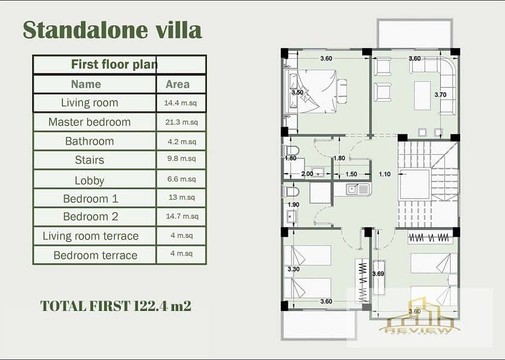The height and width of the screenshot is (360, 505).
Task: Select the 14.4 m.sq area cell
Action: tap(180, 103)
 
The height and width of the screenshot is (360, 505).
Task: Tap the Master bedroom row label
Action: tap(90, 122)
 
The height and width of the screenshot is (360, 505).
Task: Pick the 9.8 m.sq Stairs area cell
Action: tap(181, 159)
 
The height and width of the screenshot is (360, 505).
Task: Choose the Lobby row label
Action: tap(90, 180)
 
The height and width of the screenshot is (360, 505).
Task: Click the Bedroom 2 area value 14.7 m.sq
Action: tap(182, 216)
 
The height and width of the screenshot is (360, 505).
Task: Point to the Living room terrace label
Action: tap(91, 236)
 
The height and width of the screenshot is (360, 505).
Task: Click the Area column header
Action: tap(177, 85)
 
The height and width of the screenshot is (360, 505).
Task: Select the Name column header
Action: tap(86, 85)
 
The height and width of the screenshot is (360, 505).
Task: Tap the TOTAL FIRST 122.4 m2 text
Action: tap(116, 306)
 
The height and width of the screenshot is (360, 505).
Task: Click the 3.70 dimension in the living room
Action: tap(440, 95)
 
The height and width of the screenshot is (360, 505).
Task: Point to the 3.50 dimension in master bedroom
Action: tap(298, 93)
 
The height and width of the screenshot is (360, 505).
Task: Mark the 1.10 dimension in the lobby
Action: tap(385, 174)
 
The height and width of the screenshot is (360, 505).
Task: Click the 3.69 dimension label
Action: tap(378, 274)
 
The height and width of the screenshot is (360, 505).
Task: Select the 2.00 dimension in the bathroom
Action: tap(307, 174)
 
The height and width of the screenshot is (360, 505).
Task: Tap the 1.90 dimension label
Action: tap(293, 205)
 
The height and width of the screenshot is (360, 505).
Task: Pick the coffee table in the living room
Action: tap(422, 96)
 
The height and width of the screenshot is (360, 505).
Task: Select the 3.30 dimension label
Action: tap(294, 269)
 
